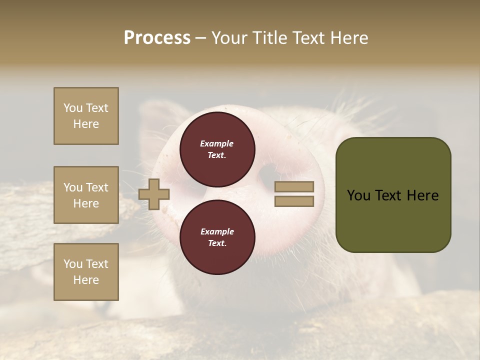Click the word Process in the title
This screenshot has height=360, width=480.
157,38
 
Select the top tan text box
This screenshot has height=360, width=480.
86,116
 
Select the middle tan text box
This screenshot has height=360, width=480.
86,195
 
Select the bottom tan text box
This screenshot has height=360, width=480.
86,272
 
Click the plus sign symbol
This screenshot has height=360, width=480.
154,194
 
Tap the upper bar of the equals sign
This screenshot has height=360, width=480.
294,186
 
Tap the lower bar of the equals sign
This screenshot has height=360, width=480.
294,201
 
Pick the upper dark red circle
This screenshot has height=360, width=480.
217,149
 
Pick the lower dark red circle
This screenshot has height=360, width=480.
217,237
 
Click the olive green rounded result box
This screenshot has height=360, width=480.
393,195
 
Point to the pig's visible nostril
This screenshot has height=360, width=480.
267,175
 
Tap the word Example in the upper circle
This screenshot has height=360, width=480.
217,143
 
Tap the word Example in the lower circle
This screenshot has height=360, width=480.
217,231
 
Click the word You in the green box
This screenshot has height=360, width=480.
358,195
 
